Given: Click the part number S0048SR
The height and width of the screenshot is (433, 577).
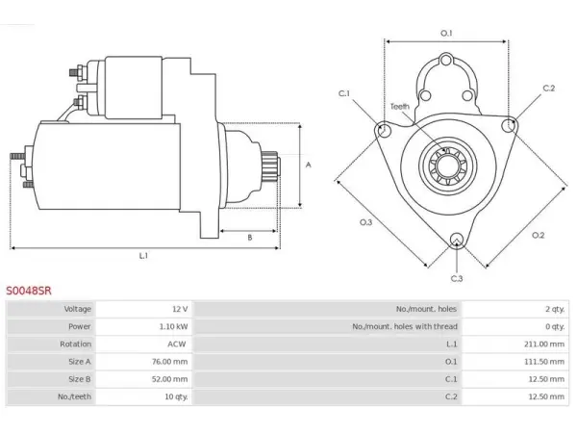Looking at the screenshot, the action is click(28, 291).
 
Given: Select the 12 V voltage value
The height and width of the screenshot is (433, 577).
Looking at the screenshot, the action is click(180, 309).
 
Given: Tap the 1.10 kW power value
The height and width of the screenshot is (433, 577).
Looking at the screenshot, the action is click(174, 326).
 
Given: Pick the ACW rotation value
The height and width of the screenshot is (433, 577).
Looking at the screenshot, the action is click(177, 344).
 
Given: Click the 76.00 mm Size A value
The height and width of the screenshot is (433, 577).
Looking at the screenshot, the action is click(169, 362).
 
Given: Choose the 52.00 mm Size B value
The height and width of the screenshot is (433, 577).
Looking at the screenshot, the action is click(169, 379).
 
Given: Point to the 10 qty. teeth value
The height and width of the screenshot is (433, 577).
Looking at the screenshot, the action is click(176, 396).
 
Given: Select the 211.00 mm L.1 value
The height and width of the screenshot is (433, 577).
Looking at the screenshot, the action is click(544, 344).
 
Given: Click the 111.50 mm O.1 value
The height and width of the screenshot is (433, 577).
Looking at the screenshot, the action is click(544, 362).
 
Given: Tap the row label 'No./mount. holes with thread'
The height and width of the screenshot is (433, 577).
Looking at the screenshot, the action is click(405, 326).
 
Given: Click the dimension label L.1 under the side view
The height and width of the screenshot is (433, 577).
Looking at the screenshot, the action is click(143, 256).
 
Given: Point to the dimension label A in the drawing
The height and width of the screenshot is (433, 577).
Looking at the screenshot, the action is click(309, 165).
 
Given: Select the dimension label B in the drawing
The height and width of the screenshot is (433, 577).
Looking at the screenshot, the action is click(250, 238).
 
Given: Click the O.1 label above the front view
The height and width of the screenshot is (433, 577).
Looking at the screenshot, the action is click(446, 33).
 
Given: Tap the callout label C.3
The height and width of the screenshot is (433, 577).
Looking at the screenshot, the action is click(457, 278).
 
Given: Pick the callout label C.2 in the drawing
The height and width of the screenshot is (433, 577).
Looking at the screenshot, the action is click(549, 88).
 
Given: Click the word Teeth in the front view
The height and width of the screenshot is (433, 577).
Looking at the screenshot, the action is click(400, 107).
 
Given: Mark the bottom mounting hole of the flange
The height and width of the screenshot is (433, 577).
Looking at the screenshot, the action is click(457, 240).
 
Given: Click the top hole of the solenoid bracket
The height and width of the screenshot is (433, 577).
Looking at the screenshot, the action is click(446, 60).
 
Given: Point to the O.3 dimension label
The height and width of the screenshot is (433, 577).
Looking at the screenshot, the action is click(365, 222).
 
